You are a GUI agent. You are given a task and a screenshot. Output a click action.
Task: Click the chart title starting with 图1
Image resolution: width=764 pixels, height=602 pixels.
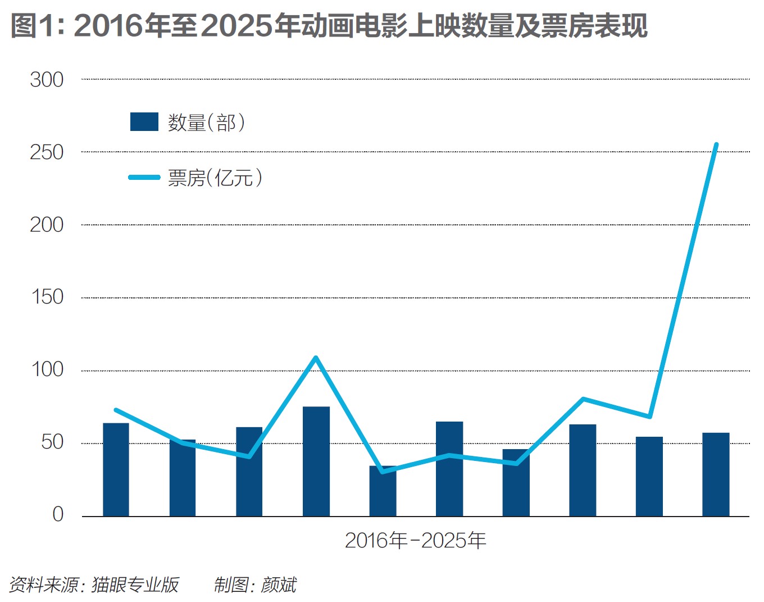tap(329, 25)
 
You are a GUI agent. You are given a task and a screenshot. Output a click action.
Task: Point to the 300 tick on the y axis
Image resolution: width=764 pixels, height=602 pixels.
tap(47, 80)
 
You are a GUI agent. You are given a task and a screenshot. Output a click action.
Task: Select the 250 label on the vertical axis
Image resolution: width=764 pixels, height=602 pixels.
tap(47, 152)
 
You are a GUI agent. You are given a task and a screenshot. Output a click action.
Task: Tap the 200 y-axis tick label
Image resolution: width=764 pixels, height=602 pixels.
tap(47, 225)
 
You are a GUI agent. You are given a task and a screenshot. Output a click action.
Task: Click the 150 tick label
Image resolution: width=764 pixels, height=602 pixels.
tap(47, 297)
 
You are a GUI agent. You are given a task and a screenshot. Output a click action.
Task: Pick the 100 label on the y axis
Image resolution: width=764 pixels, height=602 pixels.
tap(47, 370)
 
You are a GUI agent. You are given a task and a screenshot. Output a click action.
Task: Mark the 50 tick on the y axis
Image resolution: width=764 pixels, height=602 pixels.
tap(52, 442)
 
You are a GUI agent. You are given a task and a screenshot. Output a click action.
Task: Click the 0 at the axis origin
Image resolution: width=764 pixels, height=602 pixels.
tap(58, 514)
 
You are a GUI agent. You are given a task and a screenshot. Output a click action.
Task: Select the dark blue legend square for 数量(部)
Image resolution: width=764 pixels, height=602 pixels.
tap(144, 122)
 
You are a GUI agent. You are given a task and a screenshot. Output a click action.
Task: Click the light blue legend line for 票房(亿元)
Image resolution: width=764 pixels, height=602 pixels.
tap(144, 178)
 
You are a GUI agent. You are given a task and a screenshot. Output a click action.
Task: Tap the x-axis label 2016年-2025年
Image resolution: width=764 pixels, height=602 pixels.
tap(415, 541)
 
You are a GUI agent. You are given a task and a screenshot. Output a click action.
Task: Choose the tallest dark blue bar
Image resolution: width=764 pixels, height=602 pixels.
tap(316, 461)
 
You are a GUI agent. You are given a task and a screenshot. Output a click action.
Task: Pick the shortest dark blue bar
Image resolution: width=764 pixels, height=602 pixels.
tap(383, 491)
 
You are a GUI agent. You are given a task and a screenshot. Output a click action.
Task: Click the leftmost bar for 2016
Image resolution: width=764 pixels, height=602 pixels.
tap(116, 469)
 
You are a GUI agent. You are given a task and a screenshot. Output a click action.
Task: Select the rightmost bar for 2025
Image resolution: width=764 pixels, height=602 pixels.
tap(716, 474)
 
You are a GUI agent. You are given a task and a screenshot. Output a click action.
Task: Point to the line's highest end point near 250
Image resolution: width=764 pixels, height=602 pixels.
tap(716, 145)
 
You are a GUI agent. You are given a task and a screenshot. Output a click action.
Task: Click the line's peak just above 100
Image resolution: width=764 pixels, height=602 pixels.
tap(316, 357)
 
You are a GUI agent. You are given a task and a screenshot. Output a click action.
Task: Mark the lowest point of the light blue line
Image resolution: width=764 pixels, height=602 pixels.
tap(383, 471)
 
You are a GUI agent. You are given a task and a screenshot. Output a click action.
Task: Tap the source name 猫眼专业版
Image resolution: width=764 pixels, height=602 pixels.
tap(135, 585)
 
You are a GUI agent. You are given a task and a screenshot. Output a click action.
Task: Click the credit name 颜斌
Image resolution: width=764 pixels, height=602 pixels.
tap(279, 585)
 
